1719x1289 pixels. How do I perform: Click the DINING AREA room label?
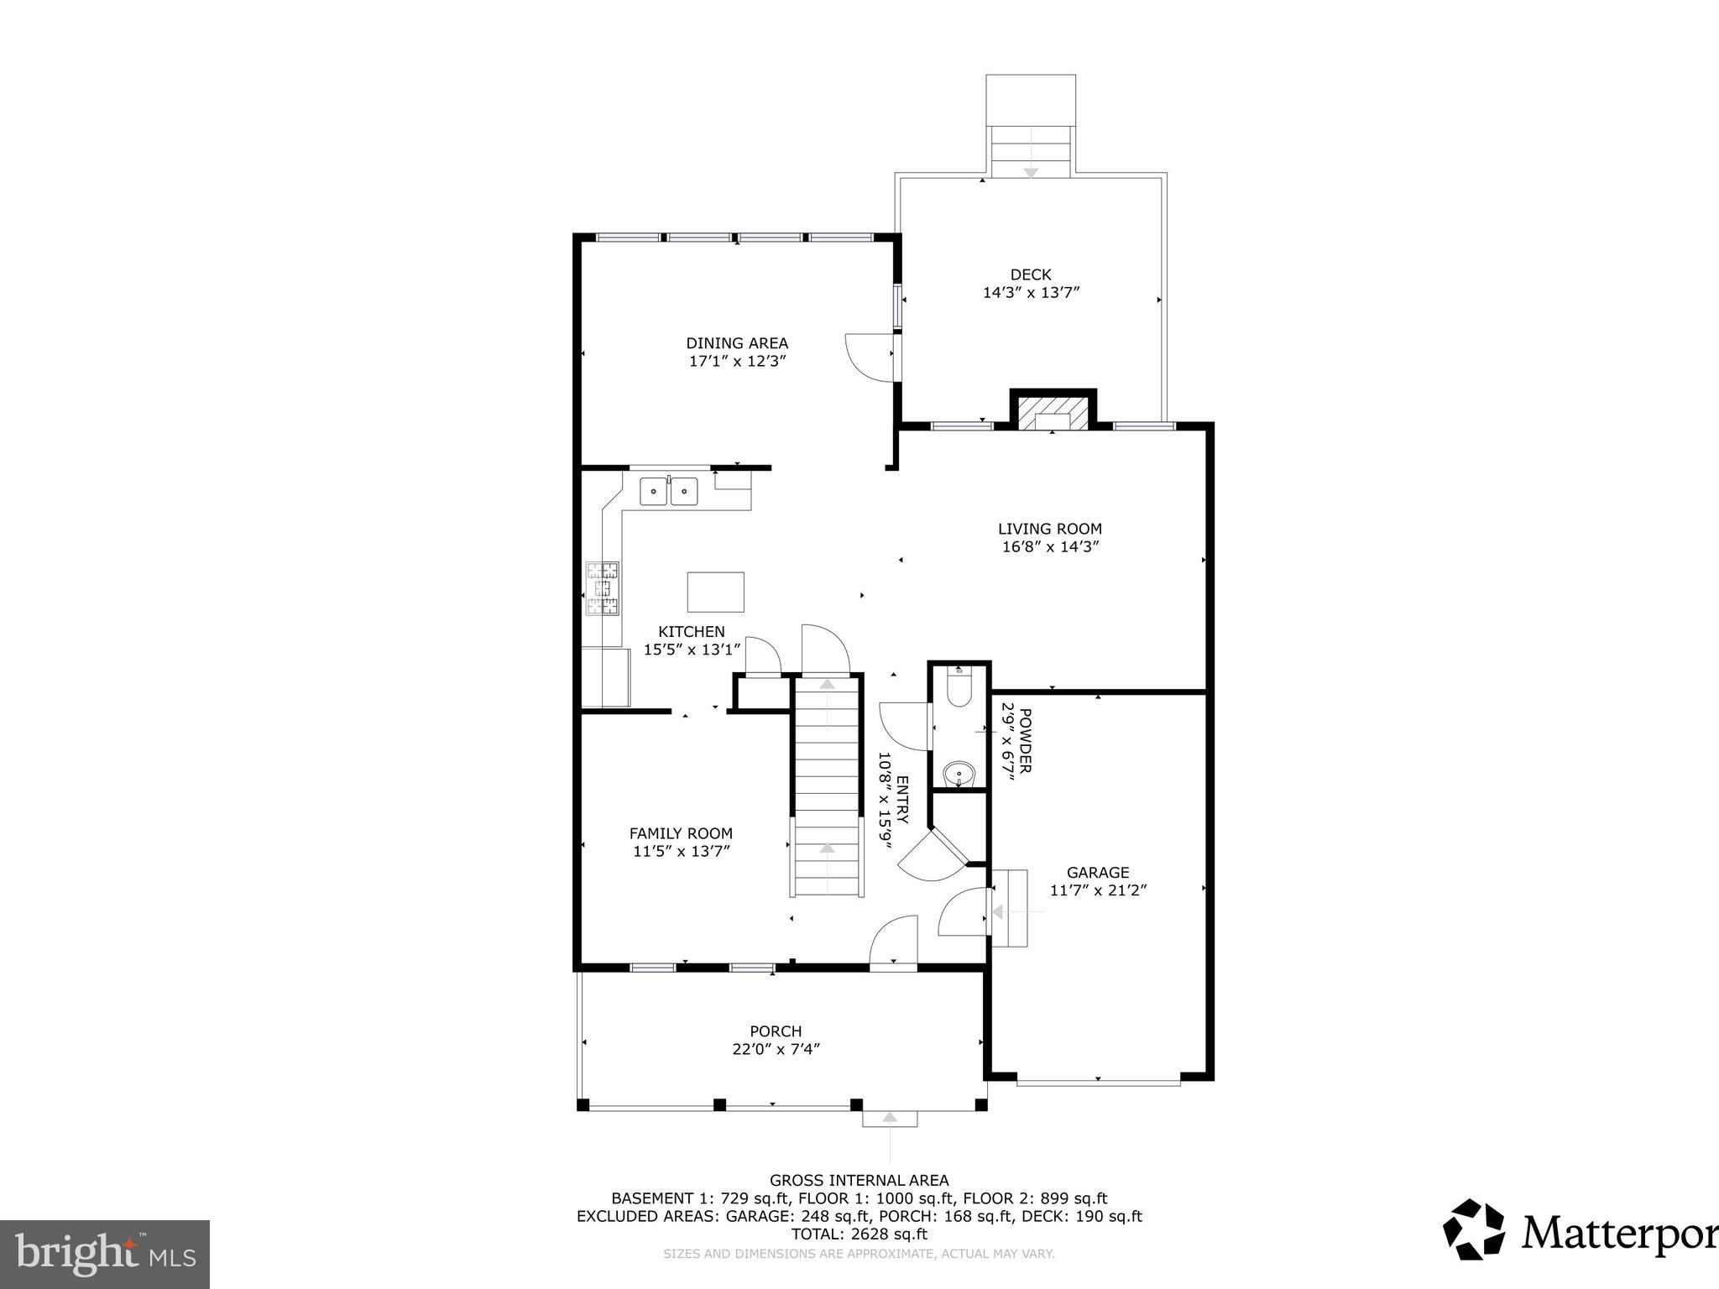click(737, 342)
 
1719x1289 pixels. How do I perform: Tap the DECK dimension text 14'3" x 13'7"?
click(1031, 293)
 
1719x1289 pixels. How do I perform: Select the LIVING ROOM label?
click(1049, 529)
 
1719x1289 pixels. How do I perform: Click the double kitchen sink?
click(668, 491)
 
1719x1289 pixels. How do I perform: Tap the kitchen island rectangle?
click(715, 592)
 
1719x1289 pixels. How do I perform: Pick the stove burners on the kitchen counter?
click(603, 588)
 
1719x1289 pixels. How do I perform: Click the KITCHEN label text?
click(691, 632)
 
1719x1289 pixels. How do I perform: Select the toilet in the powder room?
click(959, 689)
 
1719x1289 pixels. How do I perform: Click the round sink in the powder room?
click(958, 772)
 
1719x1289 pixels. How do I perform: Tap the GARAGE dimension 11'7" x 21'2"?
click(1098, 890)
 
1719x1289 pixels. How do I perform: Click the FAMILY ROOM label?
click(681, 833)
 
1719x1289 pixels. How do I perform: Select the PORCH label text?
click(776, 1031)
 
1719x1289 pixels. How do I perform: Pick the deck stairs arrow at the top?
click(1031, 172)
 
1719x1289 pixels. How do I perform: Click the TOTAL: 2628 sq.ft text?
click(859, 1234)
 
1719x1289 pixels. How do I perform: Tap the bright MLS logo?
click(105, 1255)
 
